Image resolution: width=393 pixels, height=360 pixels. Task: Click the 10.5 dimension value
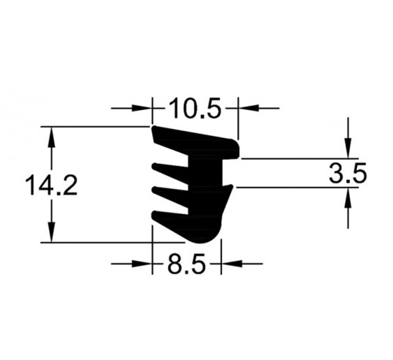pos(195,108)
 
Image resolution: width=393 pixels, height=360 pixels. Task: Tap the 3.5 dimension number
pos(348,173)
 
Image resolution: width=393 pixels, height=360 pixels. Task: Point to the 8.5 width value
pos(186,264)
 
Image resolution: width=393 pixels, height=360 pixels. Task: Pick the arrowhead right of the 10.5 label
pos(248,108)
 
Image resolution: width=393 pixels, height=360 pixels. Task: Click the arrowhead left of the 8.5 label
pos(142,264)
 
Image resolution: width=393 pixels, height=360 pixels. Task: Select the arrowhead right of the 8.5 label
pos(231,264)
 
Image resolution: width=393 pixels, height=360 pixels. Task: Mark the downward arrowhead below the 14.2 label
pos(51,232)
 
